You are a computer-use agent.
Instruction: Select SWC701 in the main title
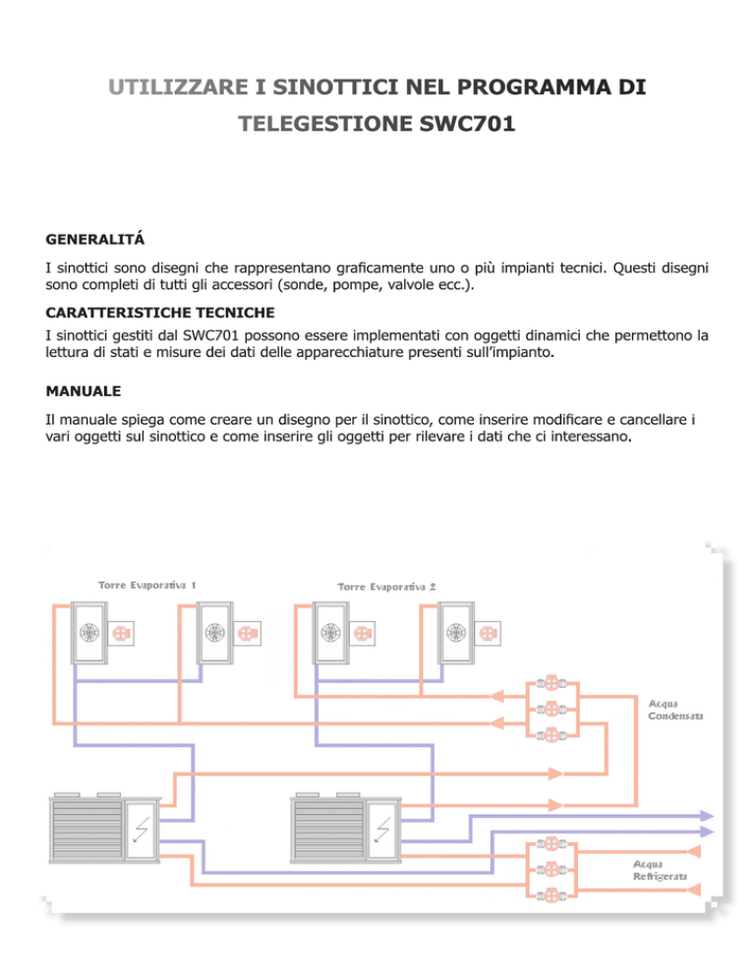pos(468,124)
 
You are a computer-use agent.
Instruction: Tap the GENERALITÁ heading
pos(94,239)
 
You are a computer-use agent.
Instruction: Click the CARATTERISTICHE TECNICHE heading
pos(160,313)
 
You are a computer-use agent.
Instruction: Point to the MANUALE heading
pos(84,391)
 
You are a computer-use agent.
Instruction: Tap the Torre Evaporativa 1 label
pos(147,585)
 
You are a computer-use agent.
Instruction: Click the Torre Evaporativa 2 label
pos(386,587)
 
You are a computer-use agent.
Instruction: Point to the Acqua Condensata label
pos(675,710)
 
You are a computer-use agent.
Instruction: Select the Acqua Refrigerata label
pos(660,871)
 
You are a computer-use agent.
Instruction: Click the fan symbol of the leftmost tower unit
pos(89,633)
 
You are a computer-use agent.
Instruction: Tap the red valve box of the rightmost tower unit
pos(487,634)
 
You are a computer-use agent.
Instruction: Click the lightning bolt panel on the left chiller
pos(141,830)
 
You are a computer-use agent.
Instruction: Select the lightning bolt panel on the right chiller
pos(381,830)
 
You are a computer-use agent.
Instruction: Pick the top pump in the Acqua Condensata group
pos(552,683)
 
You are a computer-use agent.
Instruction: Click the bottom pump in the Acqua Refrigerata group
pos(552,896)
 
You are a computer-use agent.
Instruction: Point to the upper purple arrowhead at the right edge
pos(707,816)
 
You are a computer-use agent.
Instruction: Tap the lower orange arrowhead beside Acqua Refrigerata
pos(693,890)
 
